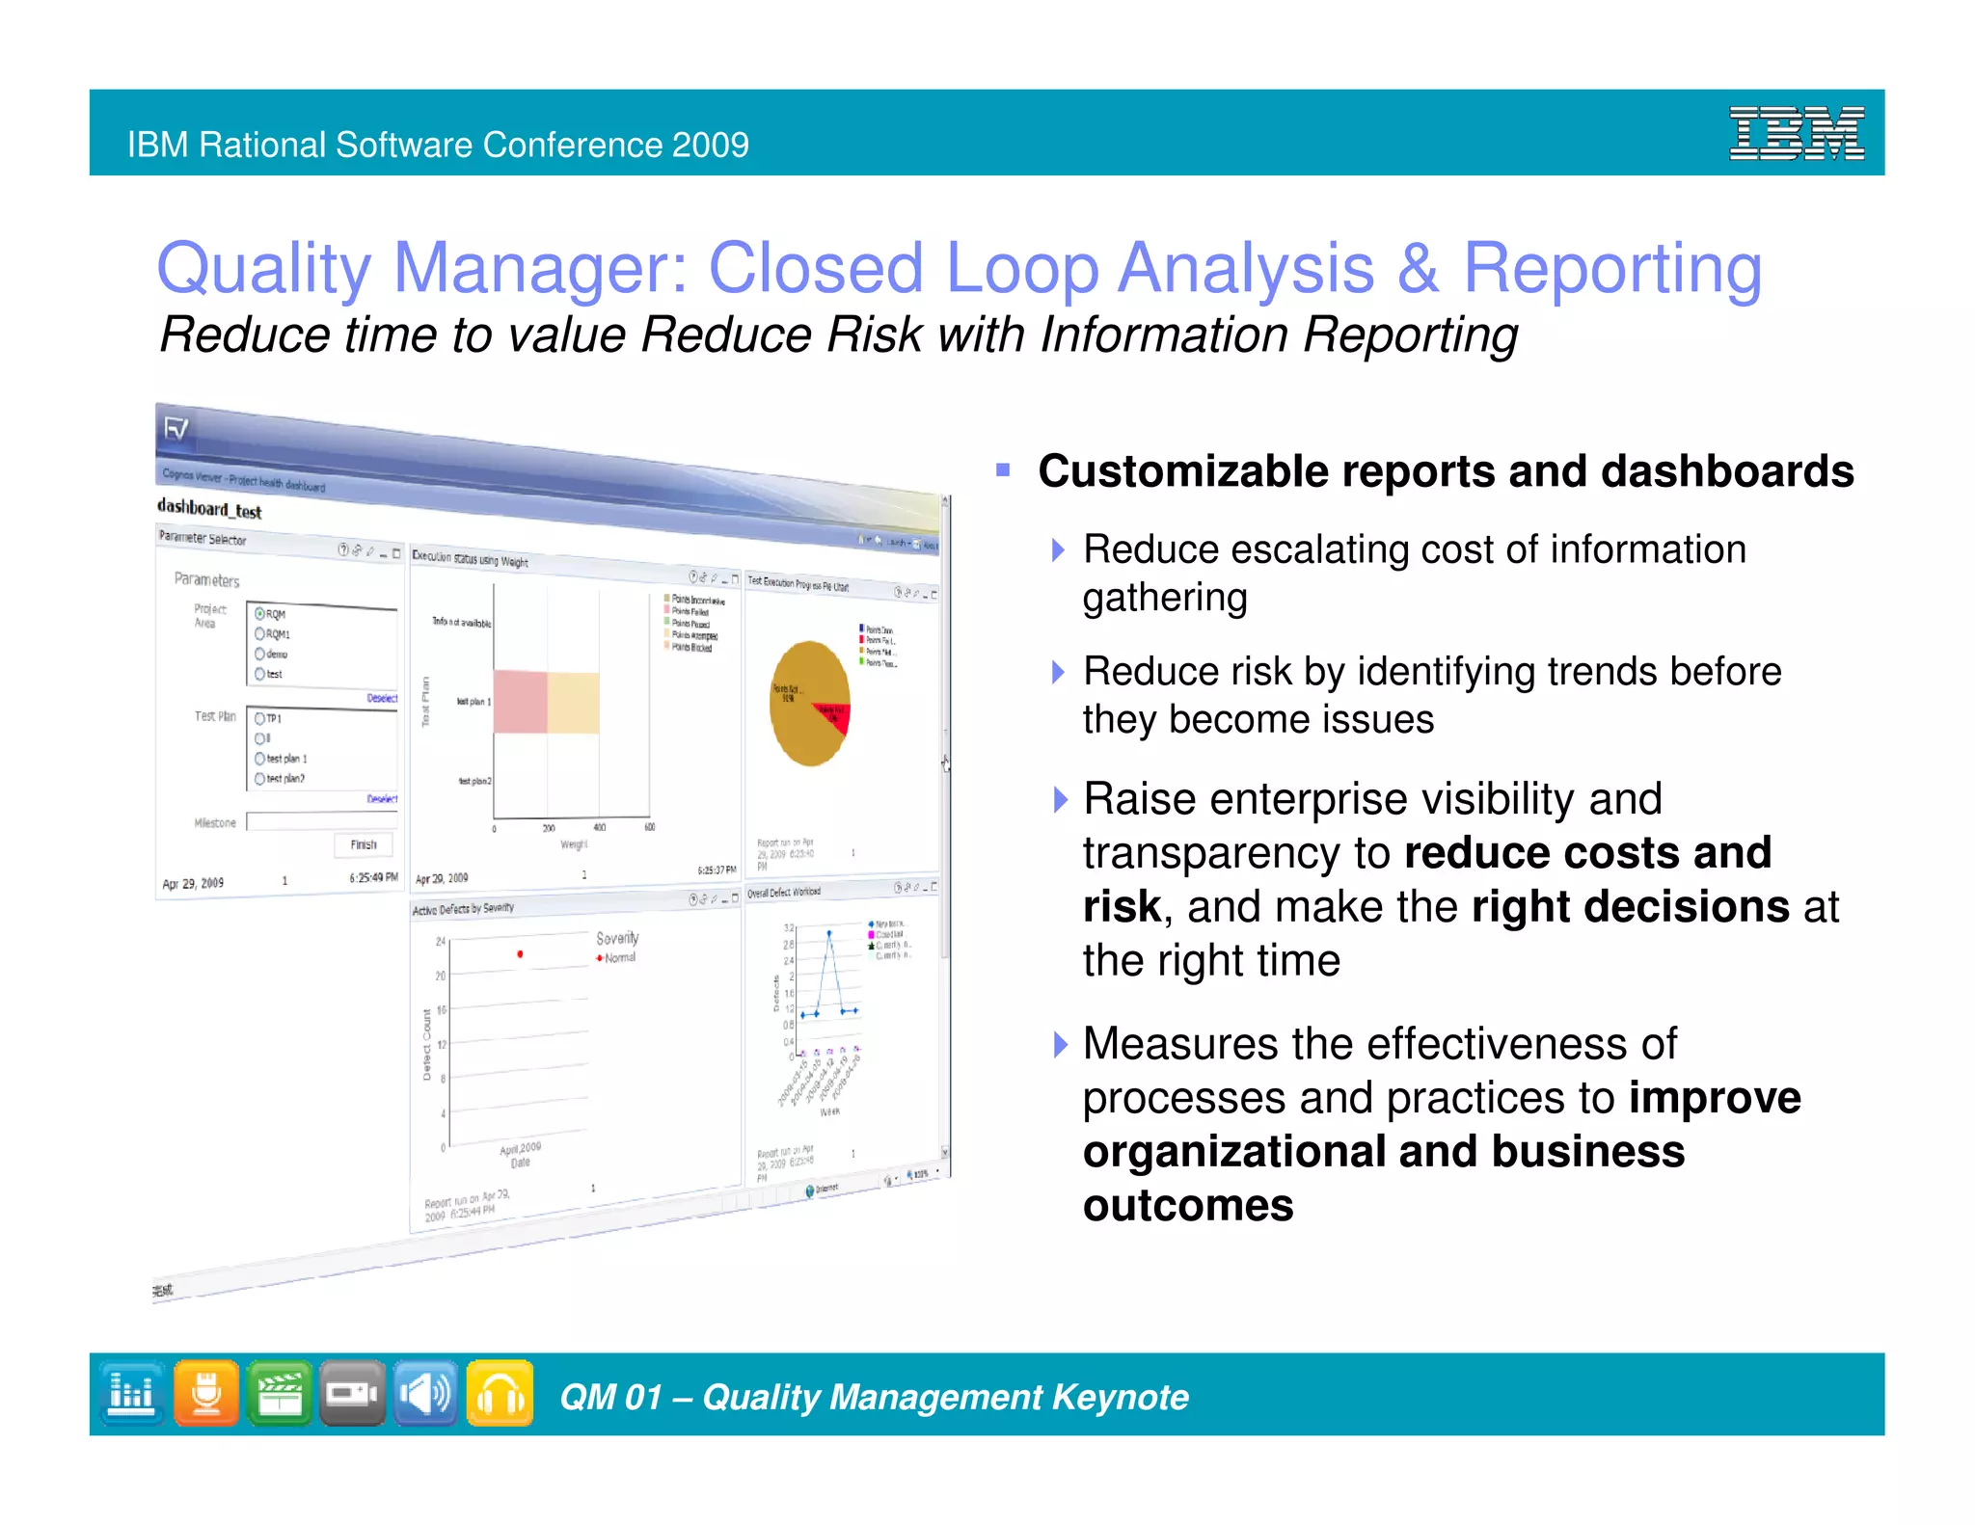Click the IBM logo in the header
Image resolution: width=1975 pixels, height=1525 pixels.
pyautogui.click(x=1796, y=133)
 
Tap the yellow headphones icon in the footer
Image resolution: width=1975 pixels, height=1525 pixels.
pyautogui.click(x=500, y=1393)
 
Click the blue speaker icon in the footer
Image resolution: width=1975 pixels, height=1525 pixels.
pyautogui.click(x=425, y=1393)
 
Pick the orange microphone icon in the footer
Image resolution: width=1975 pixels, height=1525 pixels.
pyautogui.click(x=206, y=1393)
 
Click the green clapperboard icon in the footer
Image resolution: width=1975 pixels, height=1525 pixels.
pyautogui.click(x=280, y=1393)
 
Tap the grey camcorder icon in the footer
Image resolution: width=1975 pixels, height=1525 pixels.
pyautogui.click(x=352, y=1393)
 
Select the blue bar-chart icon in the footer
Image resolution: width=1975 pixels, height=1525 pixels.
pyautogui.click(x=132, y=1393)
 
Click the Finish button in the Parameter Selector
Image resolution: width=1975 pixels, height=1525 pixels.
pyautogui.click(x=364, y=844)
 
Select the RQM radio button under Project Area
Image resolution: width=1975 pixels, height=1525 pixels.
pyautogui.click(x=260, y=613)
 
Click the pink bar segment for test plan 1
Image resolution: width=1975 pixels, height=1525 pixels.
pyautogui.click(x=520, y=702)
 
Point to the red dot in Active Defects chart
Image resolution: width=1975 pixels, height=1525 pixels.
pyautogui.click(x=520, y=954)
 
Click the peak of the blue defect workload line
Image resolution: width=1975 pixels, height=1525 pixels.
pyautogui.click(x=828, y=933)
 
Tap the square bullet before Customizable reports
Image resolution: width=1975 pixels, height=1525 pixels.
pyautogui.click(x=1003, y=470)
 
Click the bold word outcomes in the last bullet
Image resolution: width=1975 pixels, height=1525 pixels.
pyautogui.click(x=1187, y=1205)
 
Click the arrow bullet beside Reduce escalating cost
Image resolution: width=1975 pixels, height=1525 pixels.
pyautogui.click(x=1059, y=550)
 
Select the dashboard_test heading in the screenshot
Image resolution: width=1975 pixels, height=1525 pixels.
pyautogui.click(x=209, y=508)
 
